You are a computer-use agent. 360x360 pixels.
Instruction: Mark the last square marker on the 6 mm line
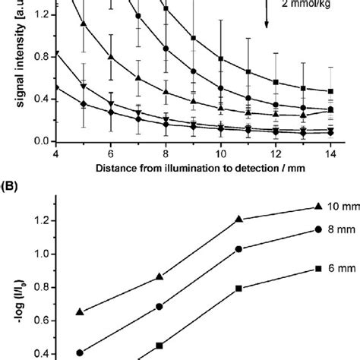316,268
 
